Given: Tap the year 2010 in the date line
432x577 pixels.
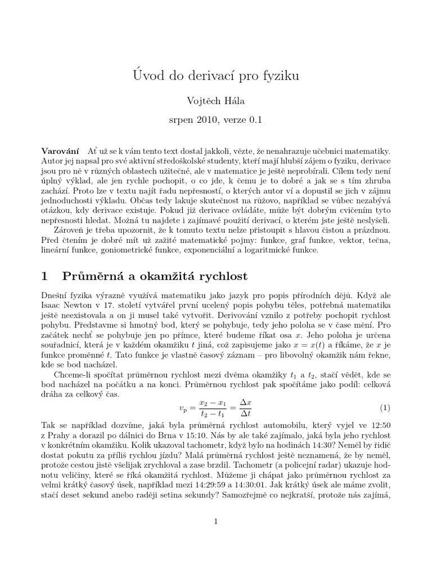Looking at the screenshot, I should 205,120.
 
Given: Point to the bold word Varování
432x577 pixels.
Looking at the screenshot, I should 61,151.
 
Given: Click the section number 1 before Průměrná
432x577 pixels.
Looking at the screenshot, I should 46,277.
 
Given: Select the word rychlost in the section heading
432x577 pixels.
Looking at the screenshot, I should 216,277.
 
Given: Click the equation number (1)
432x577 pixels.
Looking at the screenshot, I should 385,407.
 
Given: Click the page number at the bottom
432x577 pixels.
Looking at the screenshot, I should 216,521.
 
